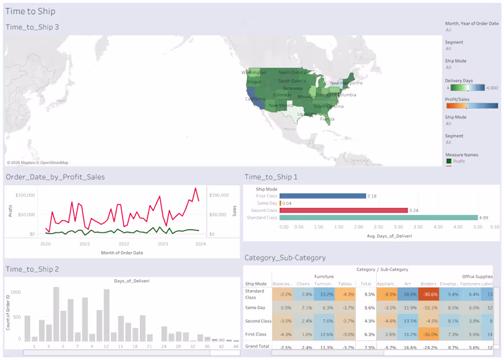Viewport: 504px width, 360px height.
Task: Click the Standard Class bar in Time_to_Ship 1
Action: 378,218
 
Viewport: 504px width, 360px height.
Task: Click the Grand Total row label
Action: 257,347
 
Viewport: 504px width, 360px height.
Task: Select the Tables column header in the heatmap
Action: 345,284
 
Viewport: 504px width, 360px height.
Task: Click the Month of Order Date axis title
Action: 122,253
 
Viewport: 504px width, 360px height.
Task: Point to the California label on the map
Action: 255,99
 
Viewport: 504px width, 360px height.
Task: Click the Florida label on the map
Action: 326,119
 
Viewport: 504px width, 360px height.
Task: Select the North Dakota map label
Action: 292,73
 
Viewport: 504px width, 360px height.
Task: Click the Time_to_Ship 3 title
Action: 32,27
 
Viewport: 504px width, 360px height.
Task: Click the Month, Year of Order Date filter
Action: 472,23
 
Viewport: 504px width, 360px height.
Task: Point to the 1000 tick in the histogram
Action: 16,293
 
